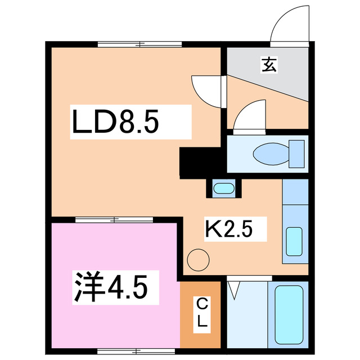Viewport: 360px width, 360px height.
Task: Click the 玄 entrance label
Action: [x=268, y=65]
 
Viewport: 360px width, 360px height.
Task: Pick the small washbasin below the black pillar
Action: [x=224, y=188]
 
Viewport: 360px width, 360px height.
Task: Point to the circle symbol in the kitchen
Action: [x=198, y=260]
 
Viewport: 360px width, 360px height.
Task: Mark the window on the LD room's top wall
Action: [x=139, y=44]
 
